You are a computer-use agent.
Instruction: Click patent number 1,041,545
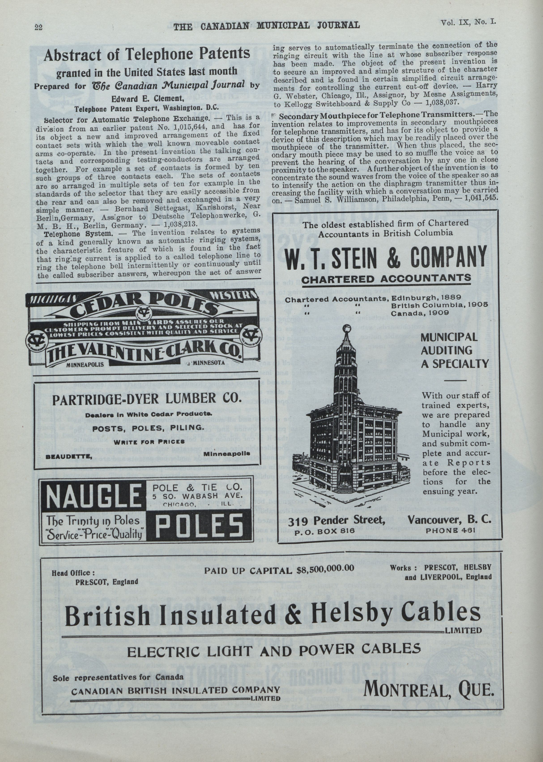tap(481, 197)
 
